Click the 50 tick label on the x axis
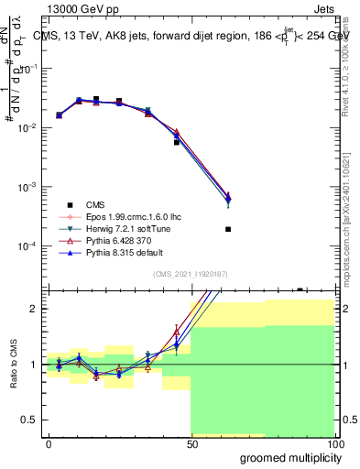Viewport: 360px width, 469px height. pos(191,443)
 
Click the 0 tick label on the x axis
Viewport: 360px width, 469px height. pos(49,443)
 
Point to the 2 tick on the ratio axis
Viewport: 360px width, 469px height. pos(35,309)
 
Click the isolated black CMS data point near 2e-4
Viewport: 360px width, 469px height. pos(227,229)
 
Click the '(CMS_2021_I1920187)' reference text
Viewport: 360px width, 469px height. pos(190,273)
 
